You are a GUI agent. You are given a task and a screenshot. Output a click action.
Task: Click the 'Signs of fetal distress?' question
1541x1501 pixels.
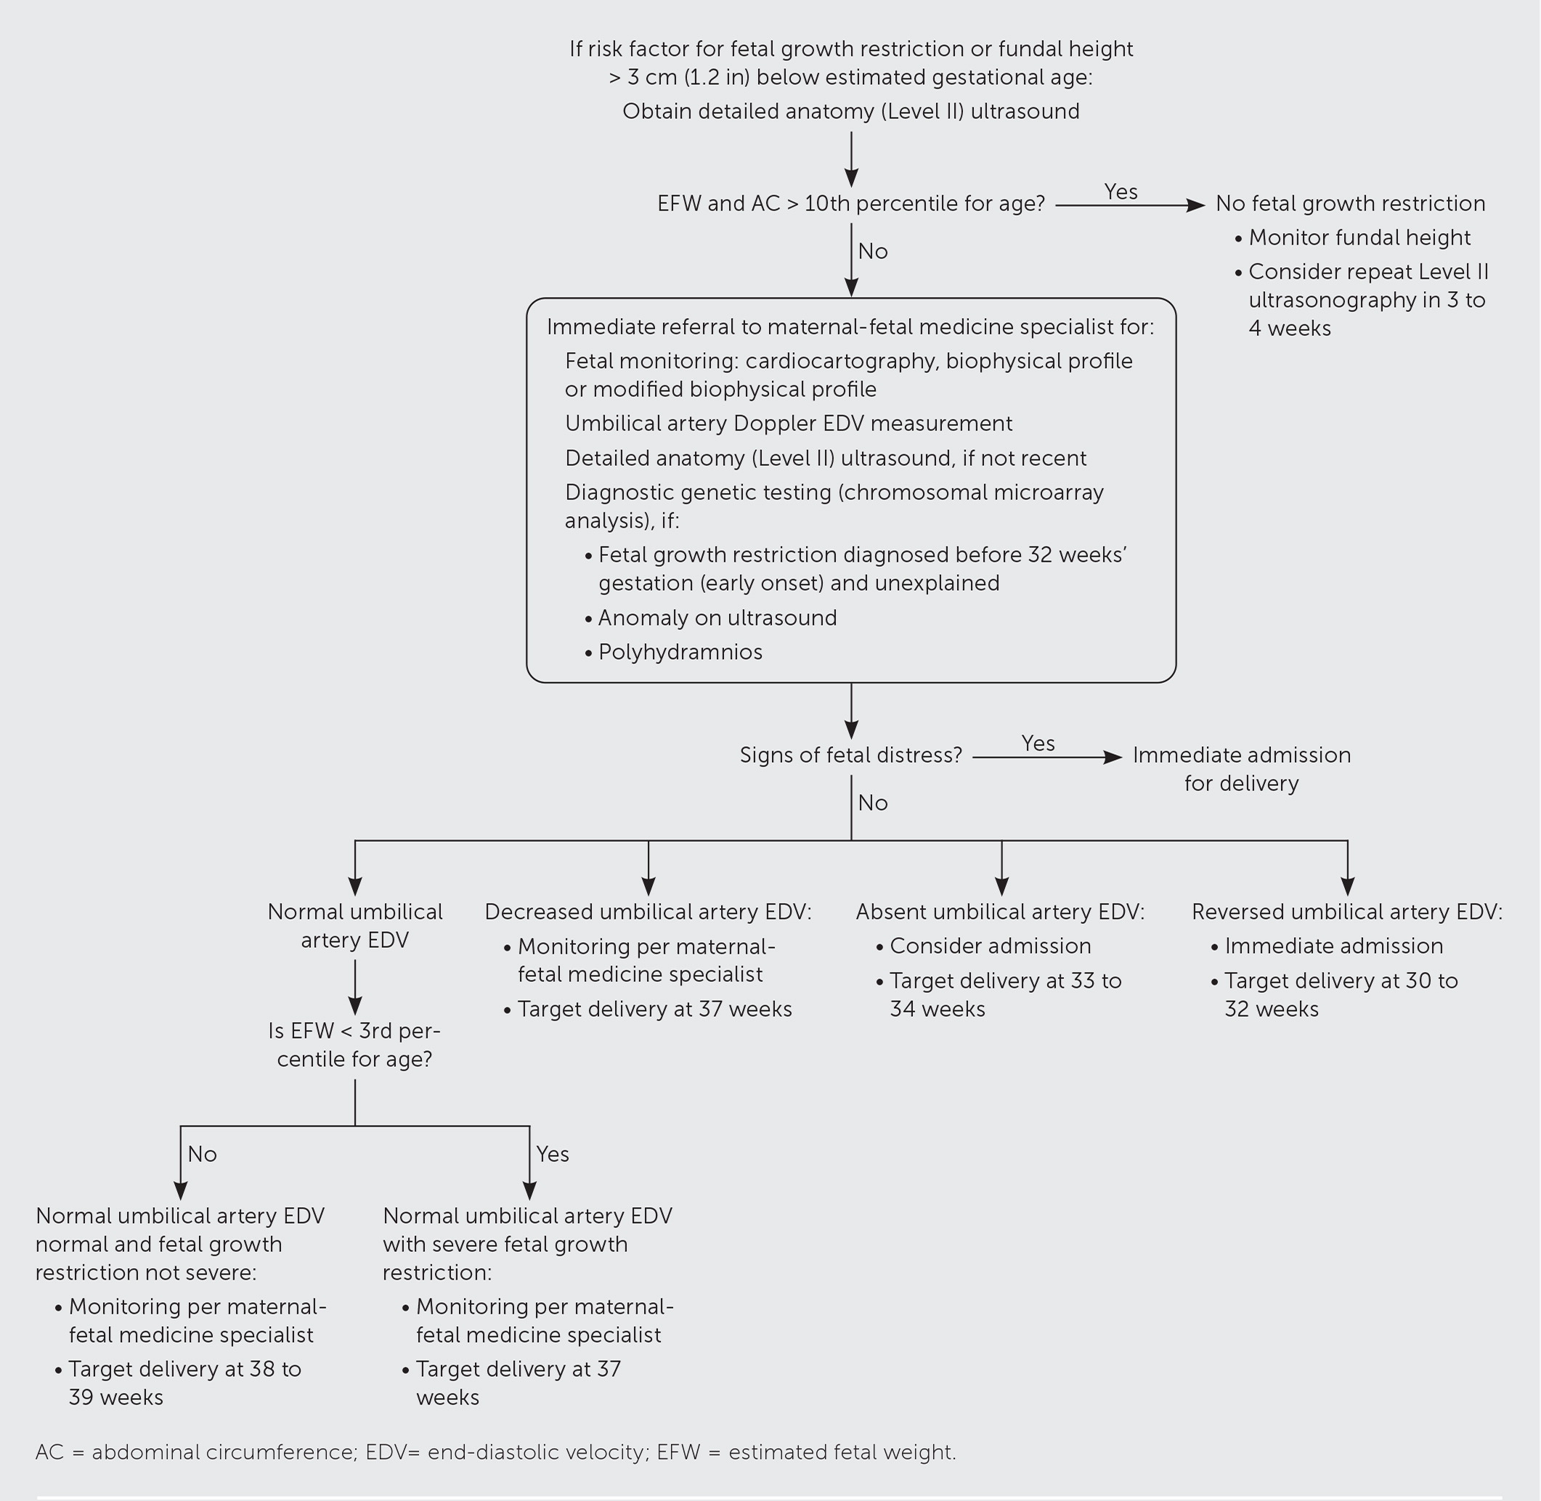click(850, 756)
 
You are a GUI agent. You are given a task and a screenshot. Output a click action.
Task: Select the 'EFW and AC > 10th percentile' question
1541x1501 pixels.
click(850, 204)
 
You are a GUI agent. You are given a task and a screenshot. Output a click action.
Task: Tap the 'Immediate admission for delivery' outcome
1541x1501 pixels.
click(1240, 769)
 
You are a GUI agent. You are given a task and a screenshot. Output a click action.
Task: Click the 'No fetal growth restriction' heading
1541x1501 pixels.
click(1349, 204)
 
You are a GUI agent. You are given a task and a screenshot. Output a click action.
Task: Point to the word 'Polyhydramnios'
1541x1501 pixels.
click(680, 652)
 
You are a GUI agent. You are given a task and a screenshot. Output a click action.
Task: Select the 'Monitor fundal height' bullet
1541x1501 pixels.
click(1359, 238)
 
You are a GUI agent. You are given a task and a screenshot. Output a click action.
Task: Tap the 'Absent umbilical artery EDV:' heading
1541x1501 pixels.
click(999, 912)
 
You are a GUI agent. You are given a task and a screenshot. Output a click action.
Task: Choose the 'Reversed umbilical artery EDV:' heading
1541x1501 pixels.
click(1346, 912)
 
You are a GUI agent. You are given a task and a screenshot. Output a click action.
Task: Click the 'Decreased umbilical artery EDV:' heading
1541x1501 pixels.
click(648, 912)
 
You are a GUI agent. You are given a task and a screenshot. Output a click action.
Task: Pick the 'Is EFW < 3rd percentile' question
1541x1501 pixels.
click(354, 1044)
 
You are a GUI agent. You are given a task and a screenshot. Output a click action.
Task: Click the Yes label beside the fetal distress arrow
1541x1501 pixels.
click(1037, 743)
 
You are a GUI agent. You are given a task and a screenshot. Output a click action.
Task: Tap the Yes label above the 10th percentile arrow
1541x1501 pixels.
click(1120, 192)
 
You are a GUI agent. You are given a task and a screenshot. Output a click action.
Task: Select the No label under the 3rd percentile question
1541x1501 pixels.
click(202, 1154)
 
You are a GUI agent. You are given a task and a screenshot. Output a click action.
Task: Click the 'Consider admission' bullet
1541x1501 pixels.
click(990, 946)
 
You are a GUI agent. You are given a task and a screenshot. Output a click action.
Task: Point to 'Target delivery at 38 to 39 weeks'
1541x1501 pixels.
click(184, 1383)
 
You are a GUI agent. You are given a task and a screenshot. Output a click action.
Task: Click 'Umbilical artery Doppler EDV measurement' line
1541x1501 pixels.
click(788, 423)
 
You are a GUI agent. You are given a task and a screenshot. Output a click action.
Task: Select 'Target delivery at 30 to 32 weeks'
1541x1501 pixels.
click(1340, 995)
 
